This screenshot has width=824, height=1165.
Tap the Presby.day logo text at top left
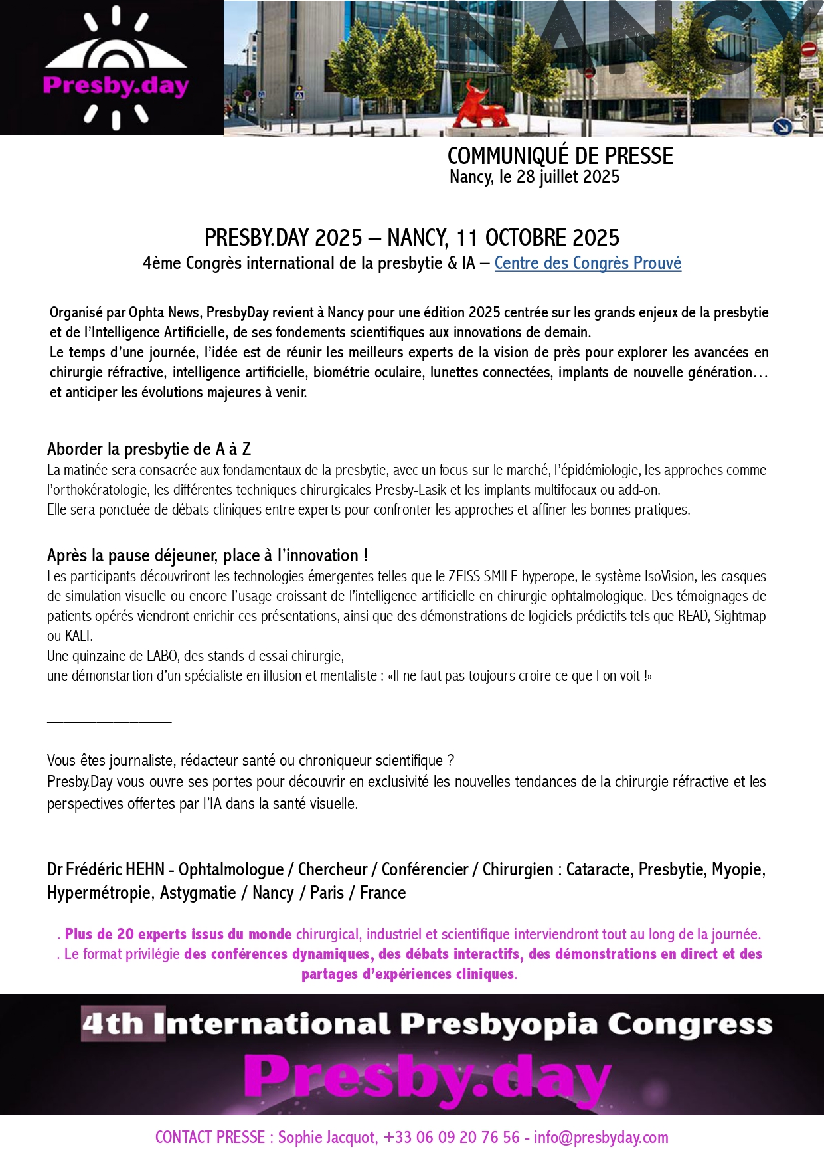click(116, 86)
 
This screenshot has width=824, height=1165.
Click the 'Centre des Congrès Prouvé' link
click(588, 264)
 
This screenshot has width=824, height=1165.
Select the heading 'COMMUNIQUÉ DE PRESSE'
click(560, 156)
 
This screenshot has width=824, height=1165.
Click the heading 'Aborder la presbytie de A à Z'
click(149, 450)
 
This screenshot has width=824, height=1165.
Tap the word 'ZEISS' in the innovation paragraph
click(464, 577)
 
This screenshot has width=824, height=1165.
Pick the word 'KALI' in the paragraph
click(78, 636)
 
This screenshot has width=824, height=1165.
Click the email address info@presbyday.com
click(601, 1138)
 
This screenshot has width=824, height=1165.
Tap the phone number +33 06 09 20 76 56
click(452, 1138)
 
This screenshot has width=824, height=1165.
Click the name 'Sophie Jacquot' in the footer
click(327, 1138)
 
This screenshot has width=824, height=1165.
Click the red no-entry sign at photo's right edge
click(808, 49)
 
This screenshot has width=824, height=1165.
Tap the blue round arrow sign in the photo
click(783, 126)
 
